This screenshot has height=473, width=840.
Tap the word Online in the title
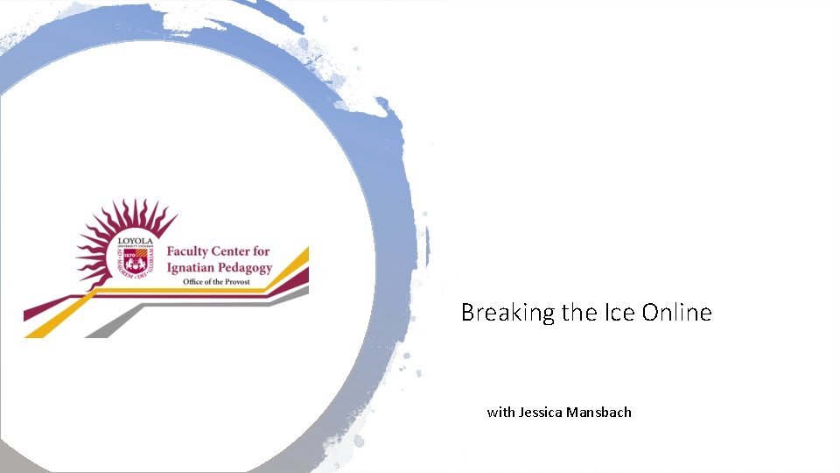pyautogui.click(x=677, y=312)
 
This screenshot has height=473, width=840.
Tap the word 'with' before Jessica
pyautogui.click(x=501, y=412)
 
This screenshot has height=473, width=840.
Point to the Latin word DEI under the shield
pyautogui.click(x=140, y=274)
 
